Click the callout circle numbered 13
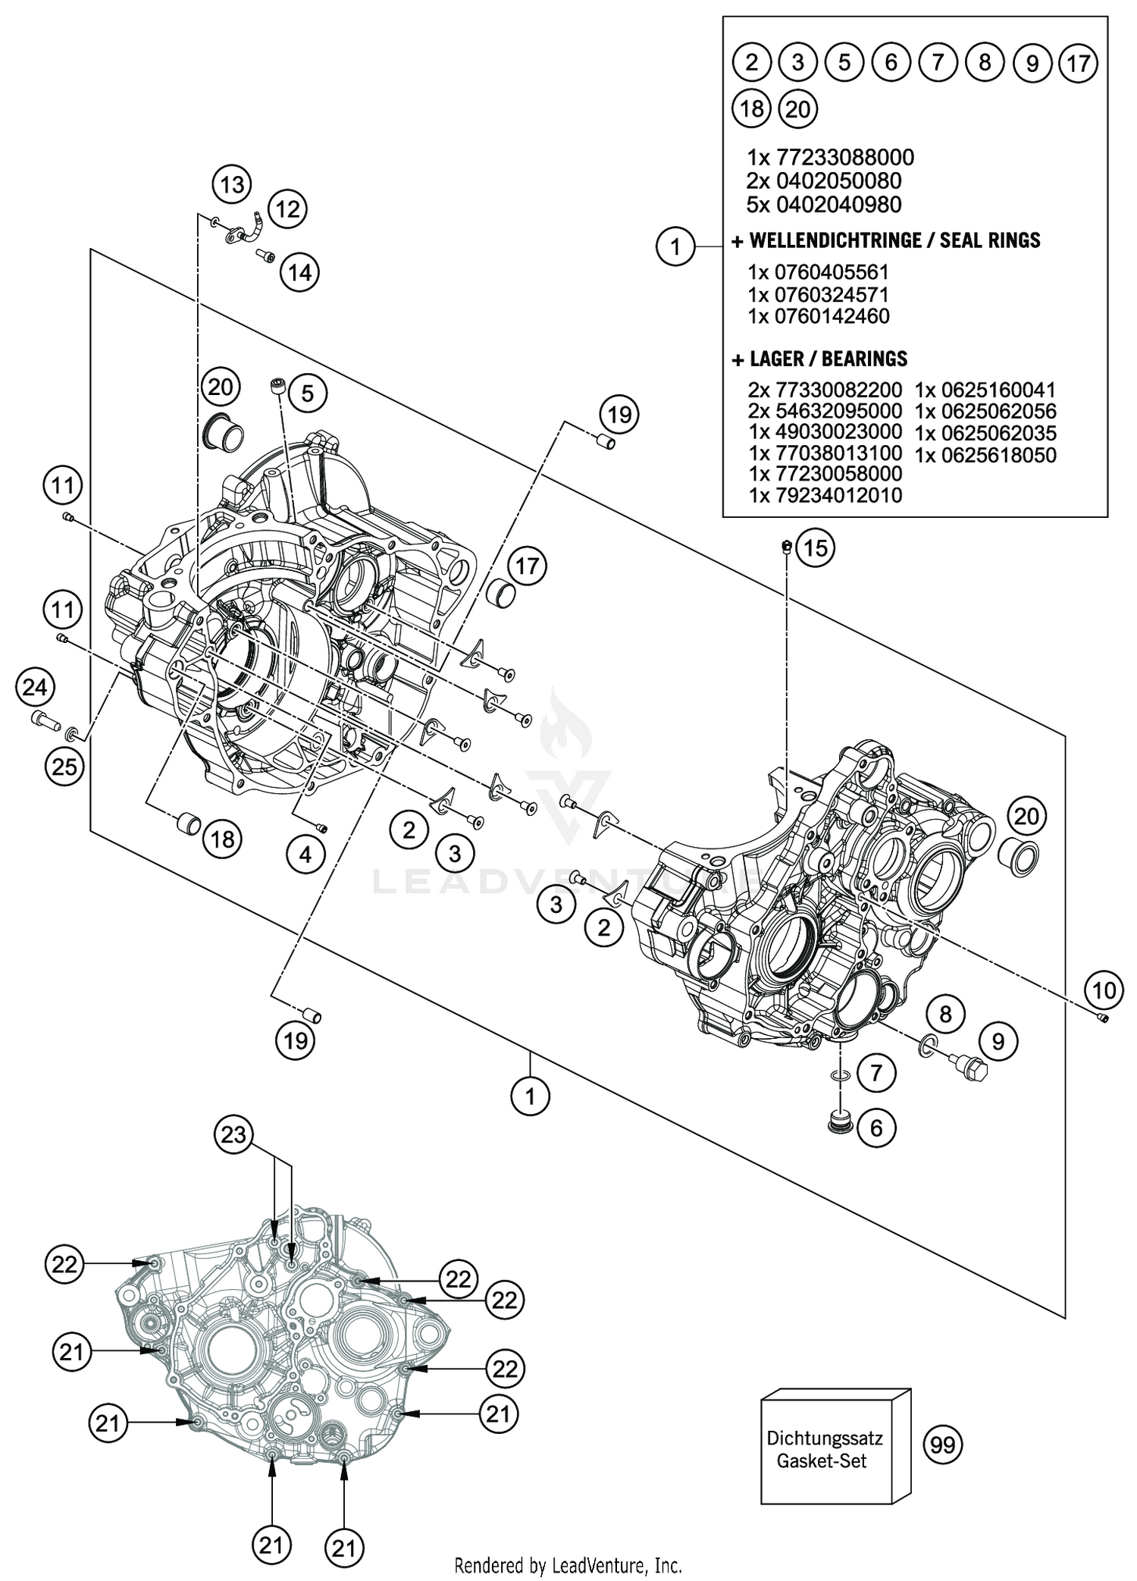tap(232, 184)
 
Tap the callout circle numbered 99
tap(943, 1445)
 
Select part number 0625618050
tap(985, 455)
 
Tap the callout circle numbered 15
tap(815, 547)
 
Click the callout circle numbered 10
tap(1104, 990)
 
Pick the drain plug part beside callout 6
tap(839, 1120)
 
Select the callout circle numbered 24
tap(35, 688)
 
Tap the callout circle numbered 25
tap(64, 767)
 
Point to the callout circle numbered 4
tap(305, 855)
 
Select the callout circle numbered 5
tap(307, 393)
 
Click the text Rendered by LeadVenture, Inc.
tap(568, 1565)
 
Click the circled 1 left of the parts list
tap(675, 246)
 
